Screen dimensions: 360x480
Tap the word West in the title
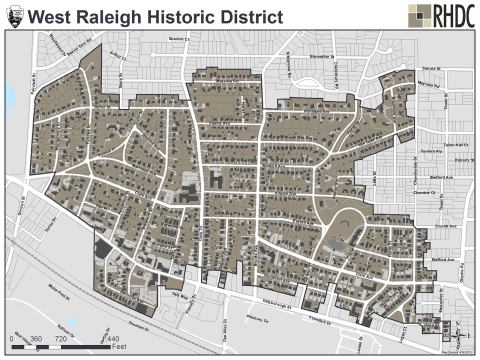pyautogui.click(x=57, y=16)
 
